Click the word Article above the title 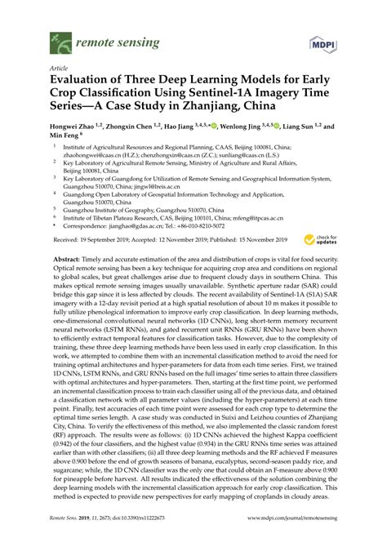(60, 69)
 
